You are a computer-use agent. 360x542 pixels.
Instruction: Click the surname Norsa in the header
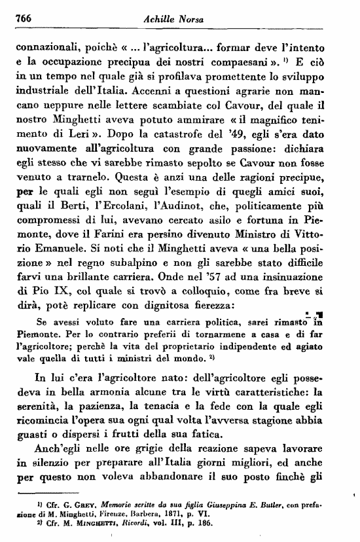point(189,22)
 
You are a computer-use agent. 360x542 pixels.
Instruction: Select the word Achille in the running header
point(158,22)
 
